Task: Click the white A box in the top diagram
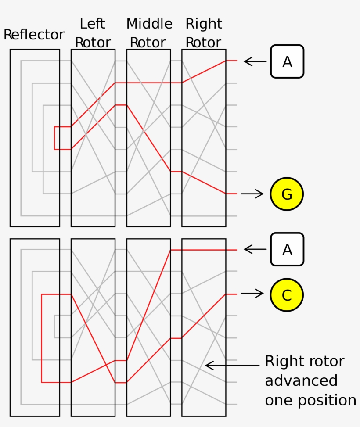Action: coord(287,61)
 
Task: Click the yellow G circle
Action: coord(287,194)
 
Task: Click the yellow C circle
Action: coord(287,294)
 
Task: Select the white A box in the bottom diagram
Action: coord(287,249)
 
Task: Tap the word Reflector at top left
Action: coord(34,35)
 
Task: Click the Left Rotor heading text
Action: coord(93,33)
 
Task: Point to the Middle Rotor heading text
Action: coord(149,33)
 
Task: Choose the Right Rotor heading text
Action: coord(204,33)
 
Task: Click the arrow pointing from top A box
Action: coord(255,61)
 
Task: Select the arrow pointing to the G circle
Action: coord(252,194)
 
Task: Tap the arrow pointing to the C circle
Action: coord(252,294)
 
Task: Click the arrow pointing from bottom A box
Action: coord(255,249)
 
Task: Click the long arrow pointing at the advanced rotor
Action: coord(233,365)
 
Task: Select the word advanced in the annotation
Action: coord(301,381)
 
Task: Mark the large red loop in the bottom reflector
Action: coord(42,338)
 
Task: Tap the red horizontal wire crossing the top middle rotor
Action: coord(148,83)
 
